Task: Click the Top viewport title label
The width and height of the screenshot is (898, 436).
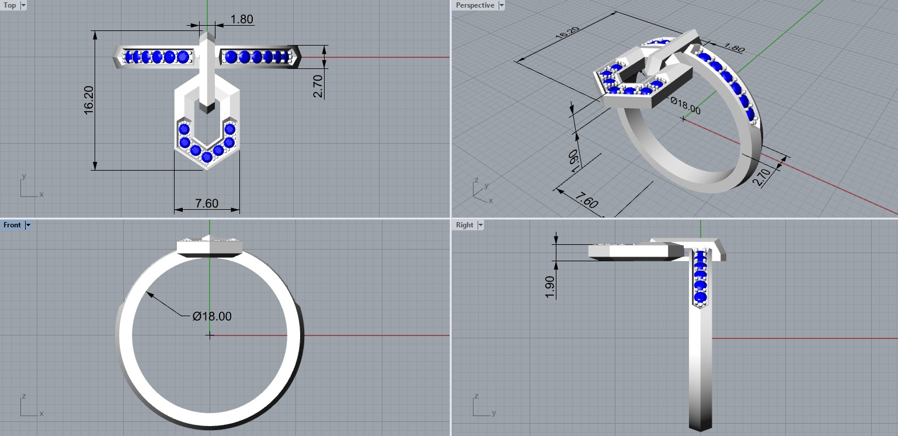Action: click(x=10, y=5)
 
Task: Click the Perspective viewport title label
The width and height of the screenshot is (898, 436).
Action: click(x=475, y=5)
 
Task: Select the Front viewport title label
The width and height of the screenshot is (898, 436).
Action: click(x=12, y=225)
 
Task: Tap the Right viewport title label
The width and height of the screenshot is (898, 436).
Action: click(x=465, y=225)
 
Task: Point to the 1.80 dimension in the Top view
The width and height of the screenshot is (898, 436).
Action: click(x=242, y=19)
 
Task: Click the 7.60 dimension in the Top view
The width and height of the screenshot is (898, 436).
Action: click(x=207, y=203)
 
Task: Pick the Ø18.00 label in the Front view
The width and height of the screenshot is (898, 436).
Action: click(x=212, y=316)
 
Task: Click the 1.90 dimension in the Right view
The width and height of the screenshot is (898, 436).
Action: click(x=549, y=286)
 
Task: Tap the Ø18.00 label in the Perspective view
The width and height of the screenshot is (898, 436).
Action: click(x=685, y=106)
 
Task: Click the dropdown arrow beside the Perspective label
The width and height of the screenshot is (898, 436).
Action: click(x=502, y=5)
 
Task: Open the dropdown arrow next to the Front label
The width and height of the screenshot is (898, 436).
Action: click(x=28, y=225)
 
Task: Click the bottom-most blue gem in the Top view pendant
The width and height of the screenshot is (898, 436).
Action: click(x=207, y=157)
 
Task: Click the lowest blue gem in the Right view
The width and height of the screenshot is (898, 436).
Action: click(x=700, y=299)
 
